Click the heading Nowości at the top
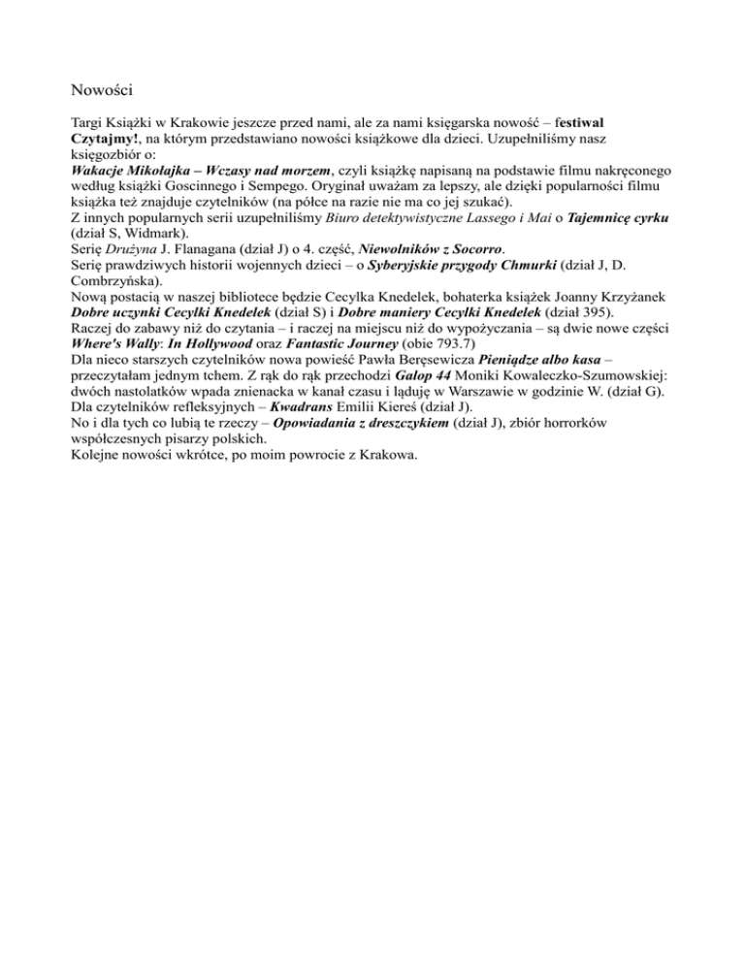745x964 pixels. pyautogui.click(x=102, y=90)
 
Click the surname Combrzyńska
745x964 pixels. pyautogui.click(x=117, y=275)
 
